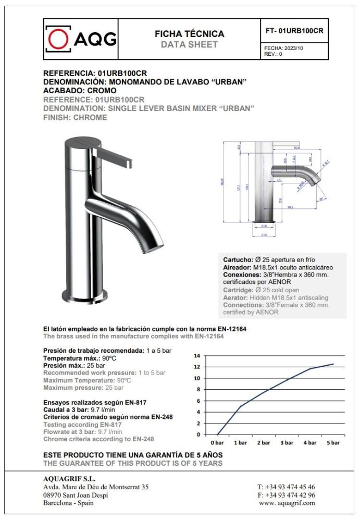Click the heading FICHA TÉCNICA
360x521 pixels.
click(x=189, y=34)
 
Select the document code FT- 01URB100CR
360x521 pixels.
click(x=294, y=31)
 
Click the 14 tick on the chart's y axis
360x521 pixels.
click(x=197, y=356)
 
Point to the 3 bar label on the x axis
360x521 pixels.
click(x=287, y=443)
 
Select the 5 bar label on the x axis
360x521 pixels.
click(x=332, y=443)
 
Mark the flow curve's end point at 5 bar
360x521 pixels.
click(x=333, y=364)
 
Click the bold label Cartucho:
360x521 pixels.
click(x=238, y=259)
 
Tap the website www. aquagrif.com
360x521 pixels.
click(x=287, y=503)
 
